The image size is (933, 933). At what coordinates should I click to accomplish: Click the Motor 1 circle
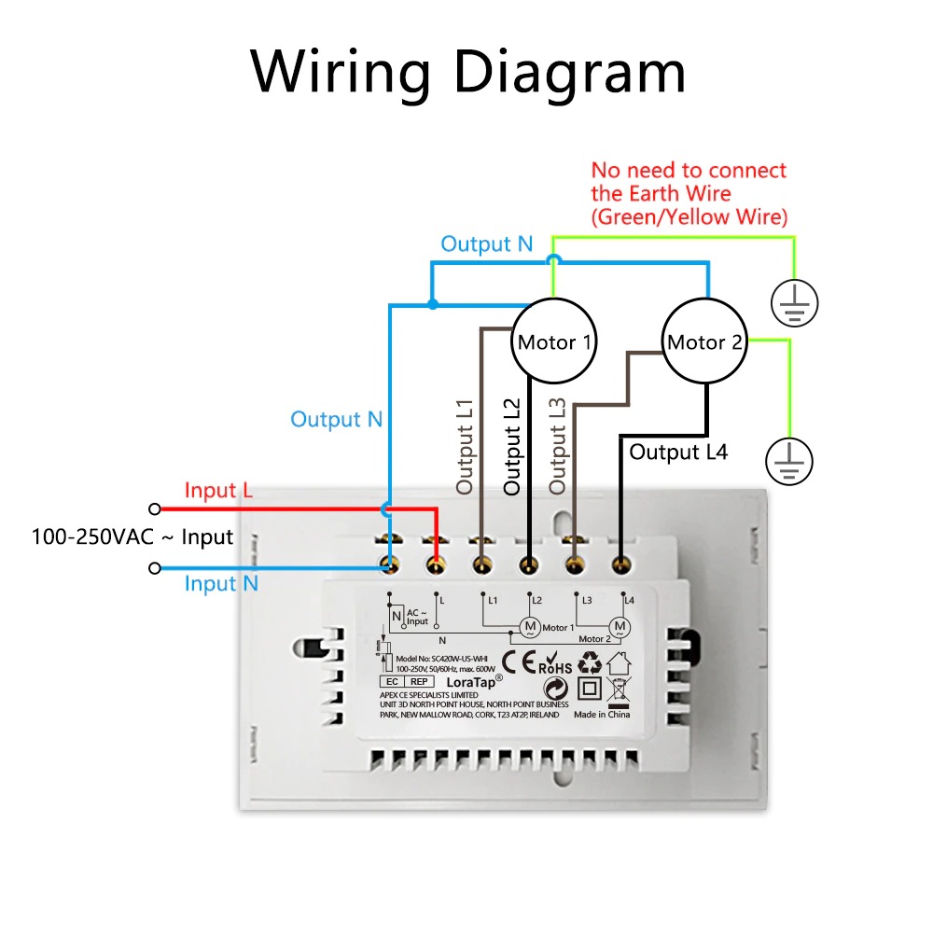[554, 341]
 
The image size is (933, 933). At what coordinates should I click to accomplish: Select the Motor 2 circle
[704, 341]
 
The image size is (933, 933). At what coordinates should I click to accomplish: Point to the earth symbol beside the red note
[794, 301]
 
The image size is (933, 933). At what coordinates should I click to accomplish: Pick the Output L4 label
[678, 453]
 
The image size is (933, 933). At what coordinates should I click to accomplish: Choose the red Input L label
[218, 491]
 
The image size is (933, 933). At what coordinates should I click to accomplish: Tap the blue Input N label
[221, 584]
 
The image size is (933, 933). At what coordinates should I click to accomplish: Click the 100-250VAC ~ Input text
[132, 537]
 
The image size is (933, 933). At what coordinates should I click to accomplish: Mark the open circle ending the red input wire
[155, 508]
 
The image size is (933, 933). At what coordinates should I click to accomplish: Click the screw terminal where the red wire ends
[435, 563]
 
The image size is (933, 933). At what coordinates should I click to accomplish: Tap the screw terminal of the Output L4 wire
[620, 563]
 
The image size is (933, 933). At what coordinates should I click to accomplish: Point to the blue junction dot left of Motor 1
[432, 304]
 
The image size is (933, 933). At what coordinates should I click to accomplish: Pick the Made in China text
[602, 715]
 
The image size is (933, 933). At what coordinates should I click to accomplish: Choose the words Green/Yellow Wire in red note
[690, 217]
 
